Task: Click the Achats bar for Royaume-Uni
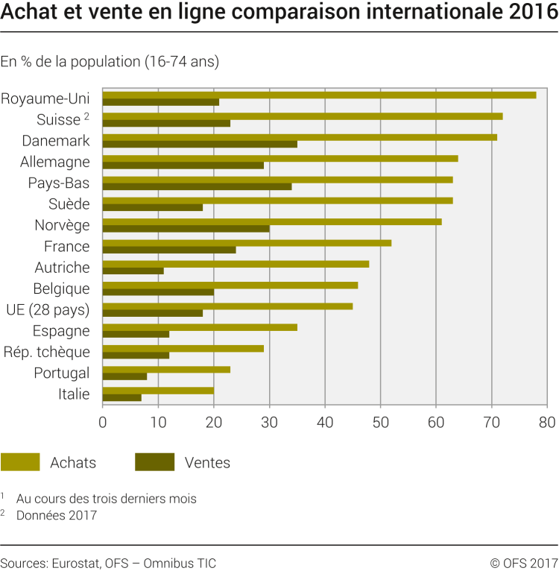[x=319, y=95]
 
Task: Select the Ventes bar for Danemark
[x=200, y=144]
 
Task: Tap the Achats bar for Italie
[x=158, y=391]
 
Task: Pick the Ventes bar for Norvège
[x=186, y=229]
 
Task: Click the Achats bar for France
[x=247, y=243]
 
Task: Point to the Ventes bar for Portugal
[x=124, y=376]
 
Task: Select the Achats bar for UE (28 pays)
[x=227, y=306]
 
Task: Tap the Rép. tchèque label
[x=47, y=352]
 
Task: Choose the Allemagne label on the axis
[x=56, y=162]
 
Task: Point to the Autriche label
[x=62, y=268]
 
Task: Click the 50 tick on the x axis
[x=380, y=422]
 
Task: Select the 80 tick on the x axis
[x=547, y=422]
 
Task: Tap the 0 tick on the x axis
[x=102, y=422]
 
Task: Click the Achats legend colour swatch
[x=20, y=462]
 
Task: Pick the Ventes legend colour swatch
[x=154, y=462]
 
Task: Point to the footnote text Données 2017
[x=57, y=514]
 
